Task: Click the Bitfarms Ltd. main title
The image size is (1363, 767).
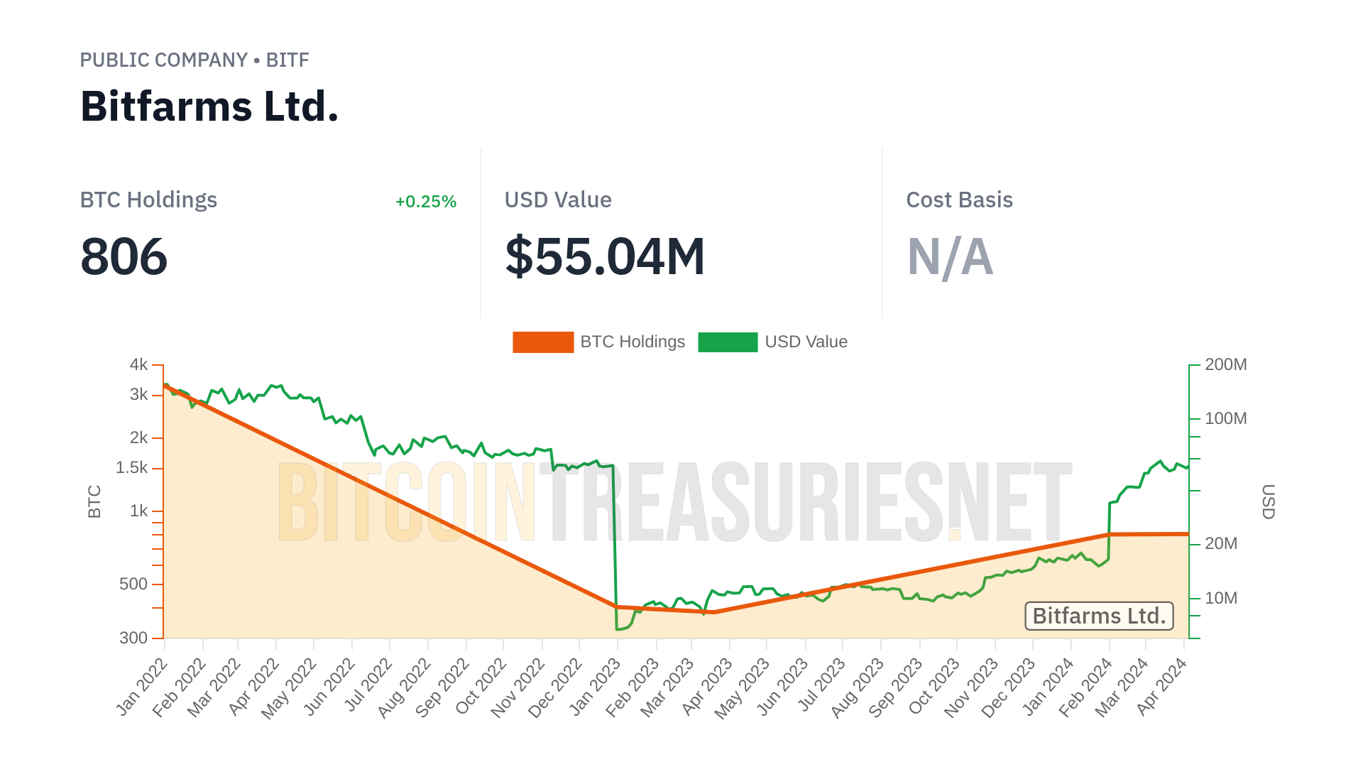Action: [x=209, y=107]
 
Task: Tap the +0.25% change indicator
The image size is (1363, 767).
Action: [x=425, y=202]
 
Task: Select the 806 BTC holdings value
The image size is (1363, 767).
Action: [x=124, y=256]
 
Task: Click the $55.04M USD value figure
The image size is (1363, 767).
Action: [x=605, y=256]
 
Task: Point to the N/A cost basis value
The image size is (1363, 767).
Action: [x=950, y=256]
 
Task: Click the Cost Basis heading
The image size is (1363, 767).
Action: [x=959, y=200]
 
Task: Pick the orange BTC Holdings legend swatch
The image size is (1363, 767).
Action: [x=543, y=342]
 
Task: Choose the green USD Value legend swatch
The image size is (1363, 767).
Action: [x=728, y=342]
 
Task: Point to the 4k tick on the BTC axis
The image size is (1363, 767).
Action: [x=138, y=365]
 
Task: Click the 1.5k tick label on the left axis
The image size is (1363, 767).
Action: [x=132, y=468]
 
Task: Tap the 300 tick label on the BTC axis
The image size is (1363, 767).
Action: [x=133, y=638]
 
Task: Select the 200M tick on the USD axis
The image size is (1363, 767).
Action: [x=1225, y=365]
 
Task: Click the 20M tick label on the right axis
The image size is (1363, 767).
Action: [x=1221, y=544]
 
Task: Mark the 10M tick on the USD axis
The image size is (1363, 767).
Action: [x=1221, y=599]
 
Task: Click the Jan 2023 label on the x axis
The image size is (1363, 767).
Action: [x=596, y=686]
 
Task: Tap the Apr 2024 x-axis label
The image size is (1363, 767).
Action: [x=1162, y=686]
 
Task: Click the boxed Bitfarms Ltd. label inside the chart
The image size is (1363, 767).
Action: [x=1099, y=616]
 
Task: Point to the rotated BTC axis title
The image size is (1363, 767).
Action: [x=94, y=501]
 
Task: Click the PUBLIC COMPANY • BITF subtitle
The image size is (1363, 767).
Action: [x=195, y=60]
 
